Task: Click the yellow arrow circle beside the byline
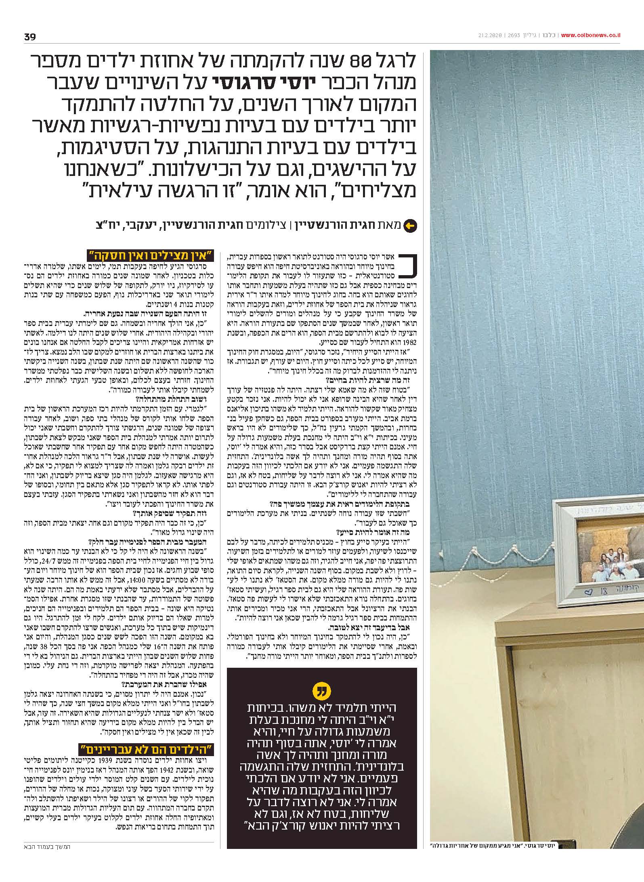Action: click(410, 225)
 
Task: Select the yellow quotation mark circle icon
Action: click(321, 692)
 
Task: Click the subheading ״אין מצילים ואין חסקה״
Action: click(151, 255)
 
